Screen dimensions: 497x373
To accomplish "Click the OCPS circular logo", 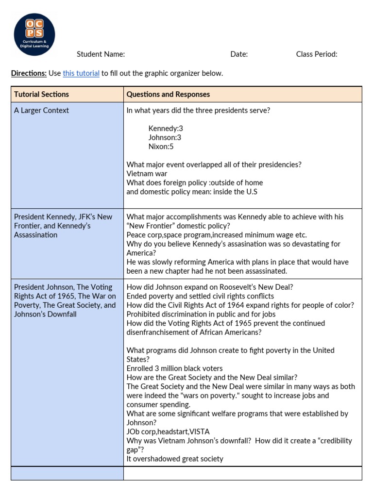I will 34,34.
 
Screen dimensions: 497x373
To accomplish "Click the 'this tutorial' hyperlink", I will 81,73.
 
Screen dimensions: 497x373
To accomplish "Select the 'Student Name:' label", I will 101,54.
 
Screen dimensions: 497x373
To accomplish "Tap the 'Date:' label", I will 239,54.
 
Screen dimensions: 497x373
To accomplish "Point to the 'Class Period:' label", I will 317,54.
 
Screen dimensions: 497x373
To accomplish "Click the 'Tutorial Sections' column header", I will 41,94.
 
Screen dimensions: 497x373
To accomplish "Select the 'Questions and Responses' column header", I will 168,94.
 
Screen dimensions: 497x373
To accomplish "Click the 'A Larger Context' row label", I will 41,110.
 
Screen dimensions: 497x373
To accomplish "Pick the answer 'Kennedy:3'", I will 166,129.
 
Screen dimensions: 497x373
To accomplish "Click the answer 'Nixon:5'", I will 161,147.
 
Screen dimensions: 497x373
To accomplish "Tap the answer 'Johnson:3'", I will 165,137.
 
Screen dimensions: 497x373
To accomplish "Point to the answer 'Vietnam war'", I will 147,174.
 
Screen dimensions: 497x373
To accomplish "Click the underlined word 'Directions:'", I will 29,73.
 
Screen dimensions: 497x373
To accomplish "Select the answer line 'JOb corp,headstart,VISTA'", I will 168,431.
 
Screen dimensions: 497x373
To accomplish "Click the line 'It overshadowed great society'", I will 175,459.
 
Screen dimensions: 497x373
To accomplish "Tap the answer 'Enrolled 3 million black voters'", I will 175,368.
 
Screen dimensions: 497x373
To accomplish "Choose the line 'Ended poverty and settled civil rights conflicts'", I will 200,296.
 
